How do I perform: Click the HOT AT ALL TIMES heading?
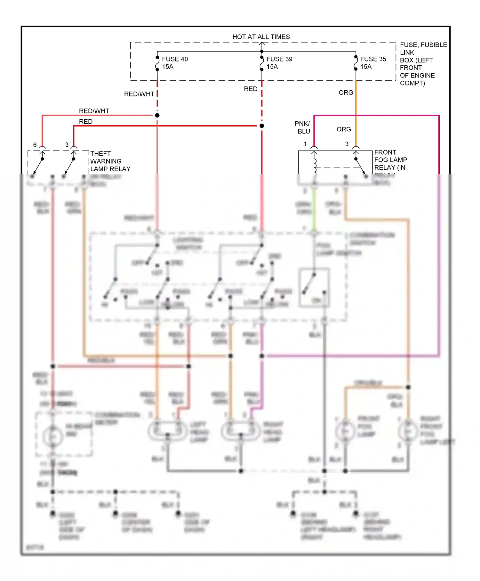point(261,37)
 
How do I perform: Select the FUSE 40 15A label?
point(174,63)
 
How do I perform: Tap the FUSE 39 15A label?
point(279,63)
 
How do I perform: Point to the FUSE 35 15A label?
point(373,63)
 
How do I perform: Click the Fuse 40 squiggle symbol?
point(157,63)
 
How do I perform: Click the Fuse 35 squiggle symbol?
point(356,63)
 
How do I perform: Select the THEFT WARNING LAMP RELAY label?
point(110,161)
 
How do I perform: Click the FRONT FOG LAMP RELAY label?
point(390,160)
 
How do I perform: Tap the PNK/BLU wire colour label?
point(303,127)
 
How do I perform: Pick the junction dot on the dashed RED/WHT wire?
point(157,115)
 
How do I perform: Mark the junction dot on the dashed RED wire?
point(262,126)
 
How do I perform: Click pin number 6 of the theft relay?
point(35,145)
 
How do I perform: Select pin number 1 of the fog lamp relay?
point(305,144)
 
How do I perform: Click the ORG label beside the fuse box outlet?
point(346,93)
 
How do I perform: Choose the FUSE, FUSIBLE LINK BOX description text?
point(422,64)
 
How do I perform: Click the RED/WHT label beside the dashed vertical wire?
point(139,94)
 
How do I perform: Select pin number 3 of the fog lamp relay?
point(347,144)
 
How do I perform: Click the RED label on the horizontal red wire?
point(86,122)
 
